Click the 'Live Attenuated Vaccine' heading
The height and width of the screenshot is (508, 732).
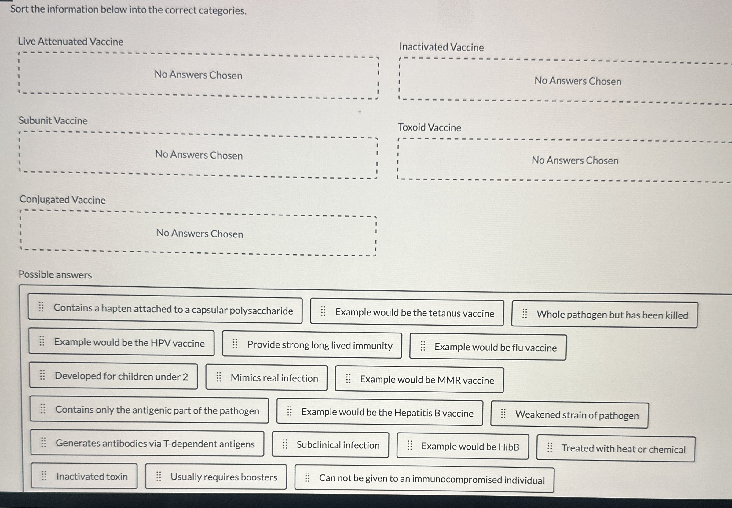tap(70, 41)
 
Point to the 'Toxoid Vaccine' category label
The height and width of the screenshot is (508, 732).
tap(429, 127)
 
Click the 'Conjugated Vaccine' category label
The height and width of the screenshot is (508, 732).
tap(62, 200)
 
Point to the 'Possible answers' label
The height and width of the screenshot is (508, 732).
tap(55, 274)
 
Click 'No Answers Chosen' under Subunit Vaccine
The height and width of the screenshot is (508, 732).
tap(199, 155)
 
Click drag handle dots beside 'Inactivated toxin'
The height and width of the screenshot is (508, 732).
tap(44, 476)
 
